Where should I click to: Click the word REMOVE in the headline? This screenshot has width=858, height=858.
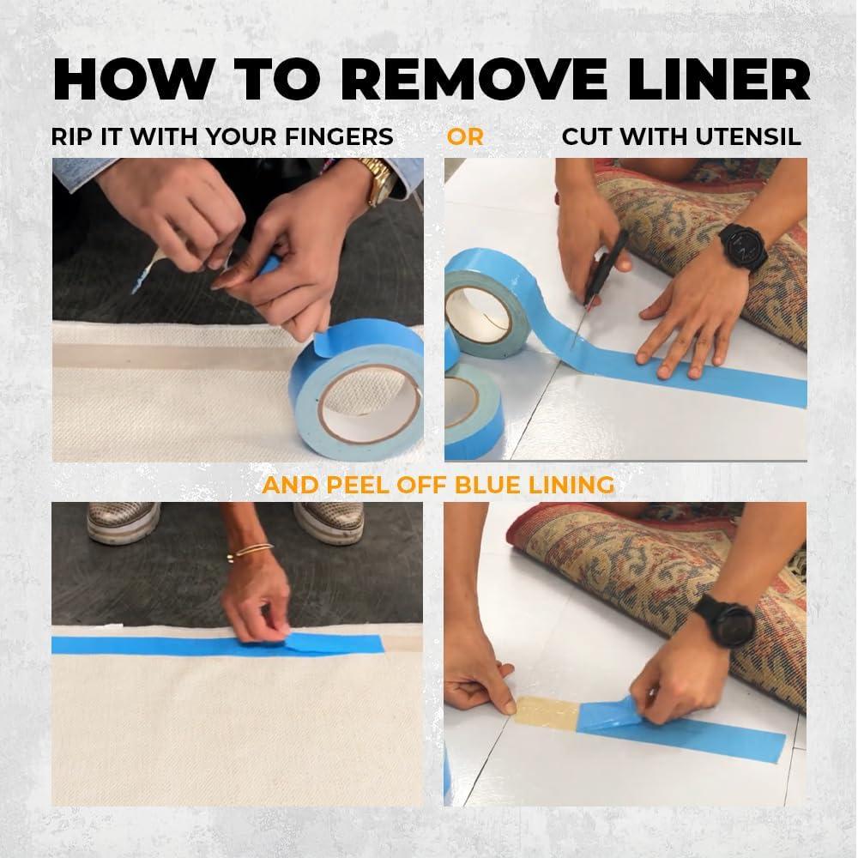(x=474, y=79)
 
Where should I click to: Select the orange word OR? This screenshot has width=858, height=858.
(x=465, y=136)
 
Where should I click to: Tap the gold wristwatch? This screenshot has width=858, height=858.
(x=379, y=180)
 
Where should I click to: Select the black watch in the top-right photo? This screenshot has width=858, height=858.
(x=742, y=247)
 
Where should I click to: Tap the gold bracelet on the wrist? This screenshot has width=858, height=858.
(x=249, y=552)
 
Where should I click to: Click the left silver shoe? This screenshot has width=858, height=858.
(x=123, y=523)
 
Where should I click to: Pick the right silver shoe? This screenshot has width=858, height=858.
(x=330, y=523)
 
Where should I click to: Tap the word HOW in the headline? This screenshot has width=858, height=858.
(x=134, y=79)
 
